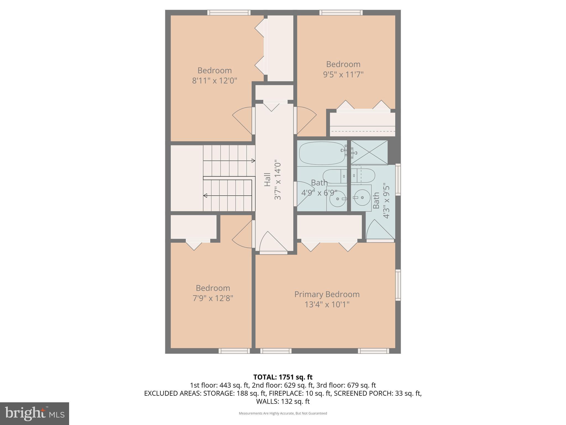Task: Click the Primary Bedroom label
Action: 327,294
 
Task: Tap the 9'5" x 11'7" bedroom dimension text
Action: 343,75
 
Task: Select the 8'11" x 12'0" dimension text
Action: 214,81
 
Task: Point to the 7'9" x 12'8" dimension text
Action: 213,299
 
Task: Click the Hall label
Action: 267,180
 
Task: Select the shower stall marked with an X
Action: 369,152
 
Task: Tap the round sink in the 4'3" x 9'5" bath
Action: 362,198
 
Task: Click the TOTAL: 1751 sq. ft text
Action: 283,377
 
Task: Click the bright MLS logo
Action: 34,414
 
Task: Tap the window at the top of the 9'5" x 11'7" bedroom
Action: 341,12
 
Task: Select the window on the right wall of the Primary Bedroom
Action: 398,285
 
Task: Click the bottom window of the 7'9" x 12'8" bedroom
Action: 234,351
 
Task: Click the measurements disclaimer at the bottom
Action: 283,413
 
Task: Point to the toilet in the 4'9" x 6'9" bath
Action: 334,176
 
